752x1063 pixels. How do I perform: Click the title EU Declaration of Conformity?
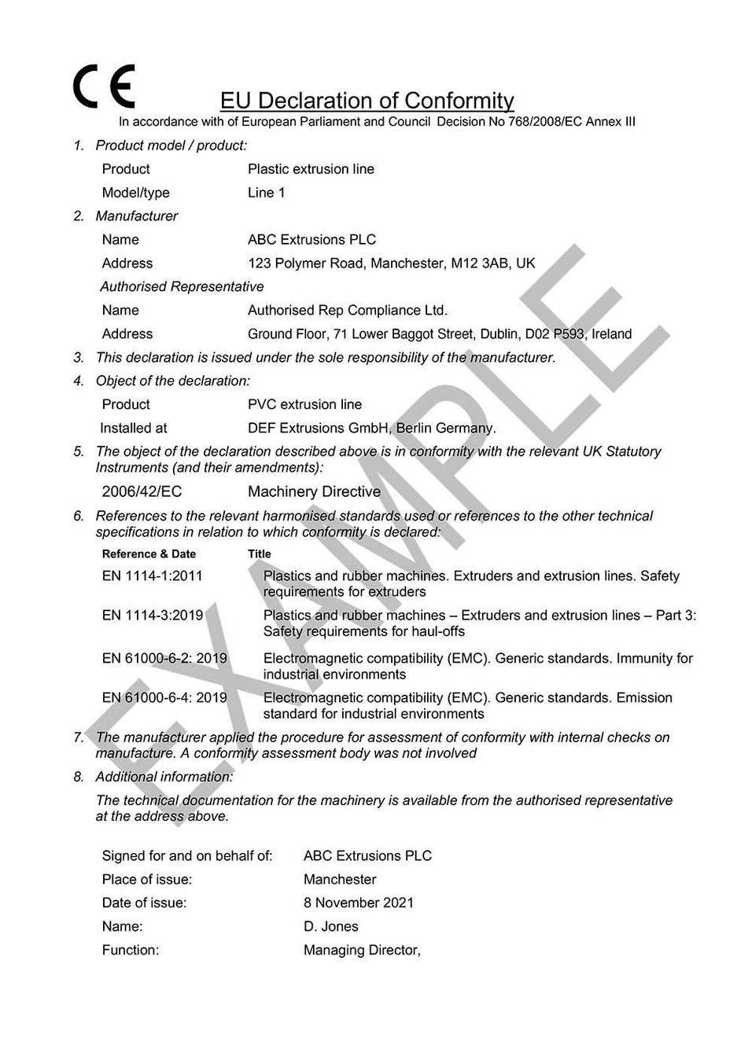[x=367, y=101]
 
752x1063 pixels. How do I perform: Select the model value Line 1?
[x=266, y=193]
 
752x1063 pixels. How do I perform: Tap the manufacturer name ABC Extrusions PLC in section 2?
[x=311, y=240]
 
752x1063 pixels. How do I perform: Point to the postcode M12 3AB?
[x=479, y=263]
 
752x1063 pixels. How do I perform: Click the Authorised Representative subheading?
[x=182, y=287]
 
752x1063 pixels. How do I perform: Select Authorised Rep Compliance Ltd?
[x=347, y=311]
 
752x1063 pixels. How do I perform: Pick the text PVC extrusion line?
[x=304, y=405]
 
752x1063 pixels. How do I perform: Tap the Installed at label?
[x=134, y=429]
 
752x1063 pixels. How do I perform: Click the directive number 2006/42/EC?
[x=142, y=492]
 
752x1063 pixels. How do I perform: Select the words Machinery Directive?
[x=314, y=492]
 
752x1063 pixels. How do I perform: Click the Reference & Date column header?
[x=149, y=554]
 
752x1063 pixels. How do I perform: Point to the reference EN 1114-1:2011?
[x=152, y=576]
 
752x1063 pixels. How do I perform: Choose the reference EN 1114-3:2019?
[x=153, y=616]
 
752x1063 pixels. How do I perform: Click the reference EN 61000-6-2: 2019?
[x=164, y=659]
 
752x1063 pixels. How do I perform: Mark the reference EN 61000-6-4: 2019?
[x=164, y=698]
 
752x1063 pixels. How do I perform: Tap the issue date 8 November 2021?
[x=358, y=903]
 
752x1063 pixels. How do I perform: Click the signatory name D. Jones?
[x=330, y=927]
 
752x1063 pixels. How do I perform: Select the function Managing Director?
[x=361, y=951]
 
